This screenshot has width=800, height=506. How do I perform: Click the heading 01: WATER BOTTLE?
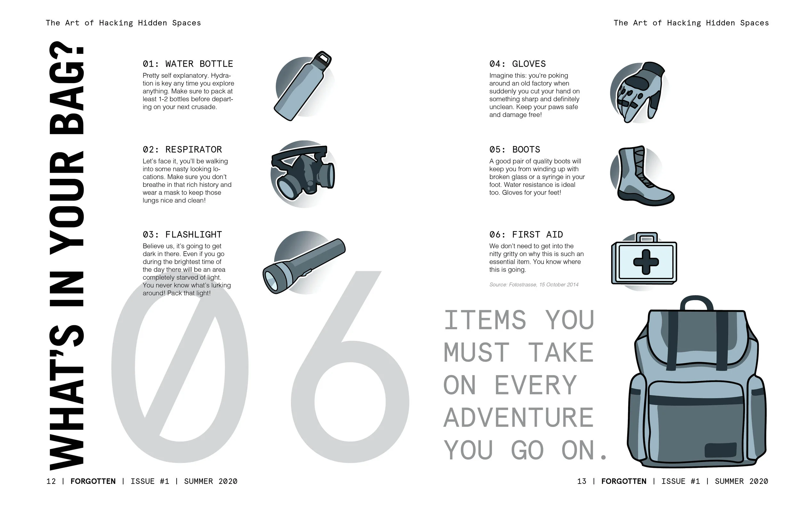(x=188, y=64)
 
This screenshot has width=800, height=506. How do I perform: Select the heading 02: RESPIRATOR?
(x=182, y=149)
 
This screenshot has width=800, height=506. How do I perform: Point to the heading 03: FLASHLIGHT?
(x=182, y=235)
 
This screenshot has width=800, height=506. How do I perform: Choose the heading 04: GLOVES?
(x=517, y=64)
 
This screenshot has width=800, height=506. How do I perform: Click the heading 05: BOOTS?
(x=515, y=149)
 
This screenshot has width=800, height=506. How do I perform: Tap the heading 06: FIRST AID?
(x=526, y=235)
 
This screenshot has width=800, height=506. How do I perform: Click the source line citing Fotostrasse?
(x=533, y=285)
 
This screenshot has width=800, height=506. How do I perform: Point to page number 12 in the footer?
(x=51, y=481)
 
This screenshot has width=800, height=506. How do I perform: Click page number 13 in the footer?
(x=581, y=481)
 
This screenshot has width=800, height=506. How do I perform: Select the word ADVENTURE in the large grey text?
(x=518, y=418)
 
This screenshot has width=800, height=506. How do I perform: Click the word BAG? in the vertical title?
(x=67, y=88)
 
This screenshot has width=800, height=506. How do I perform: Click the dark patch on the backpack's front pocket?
(x=720, y=451)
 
